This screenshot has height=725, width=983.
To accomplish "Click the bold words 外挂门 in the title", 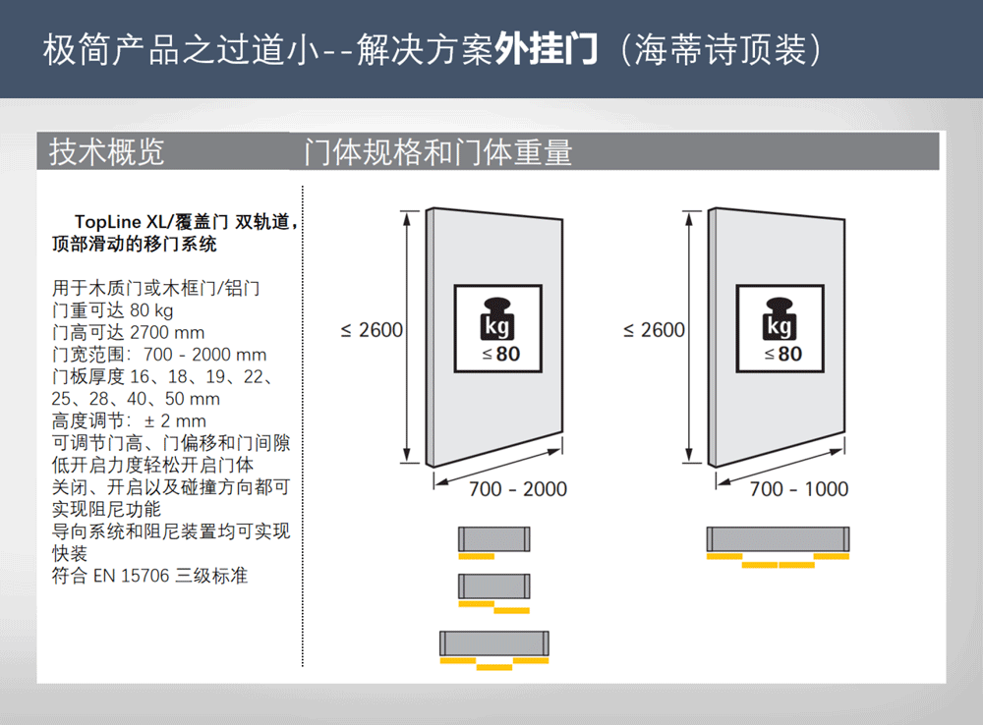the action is [x=546, y=49].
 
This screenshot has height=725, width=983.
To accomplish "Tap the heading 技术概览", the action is [x=106, y=151].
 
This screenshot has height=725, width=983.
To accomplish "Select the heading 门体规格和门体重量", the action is [x=438, y=152].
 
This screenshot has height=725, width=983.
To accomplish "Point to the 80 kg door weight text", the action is [x=151, y=310].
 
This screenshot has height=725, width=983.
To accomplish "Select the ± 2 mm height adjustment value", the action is [x=175, y=420].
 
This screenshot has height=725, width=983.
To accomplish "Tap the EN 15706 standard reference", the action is [x=132, y=576].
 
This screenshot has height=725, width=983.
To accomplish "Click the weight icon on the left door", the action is [x=498, y=329].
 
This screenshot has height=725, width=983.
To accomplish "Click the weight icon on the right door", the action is [x=780, y=329].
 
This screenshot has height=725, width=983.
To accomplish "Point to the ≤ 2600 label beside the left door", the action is [x=372, y=330].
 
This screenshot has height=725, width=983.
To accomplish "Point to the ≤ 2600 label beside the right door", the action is [x=654, y=330].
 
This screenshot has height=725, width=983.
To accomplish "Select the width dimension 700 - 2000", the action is [x=518, y=489].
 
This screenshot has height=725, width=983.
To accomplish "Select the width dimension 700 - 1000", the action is [x=799, y=489].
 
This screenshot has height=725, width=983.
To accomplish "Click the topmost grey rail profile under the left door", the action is [x=494, y=539].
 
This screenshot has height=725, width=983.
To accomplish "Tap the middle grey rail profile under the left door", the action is [x=494, y=586].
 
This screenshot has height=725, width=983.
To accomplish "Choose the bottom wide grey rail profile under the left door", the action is [x=494, y=643].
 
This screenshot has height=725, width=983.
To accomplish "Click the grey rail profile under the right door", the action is [x=778, y=539].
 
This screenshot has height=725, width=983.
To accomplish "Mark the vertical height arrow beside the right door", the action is [x=689, y=337].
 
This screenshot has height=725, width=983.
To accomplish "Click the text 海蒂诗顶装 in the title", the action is [x=721, y=49].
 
